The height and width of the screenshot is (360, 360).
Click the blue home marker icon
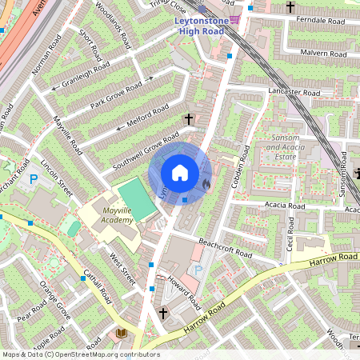[180, 172]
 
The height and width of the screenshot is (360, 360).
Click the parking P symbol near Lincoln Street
[34, 180]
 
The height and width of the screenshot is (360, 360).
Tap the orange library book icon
[122, 332]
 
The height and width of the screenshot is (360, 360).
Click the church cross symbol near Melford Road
[189, 119]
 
